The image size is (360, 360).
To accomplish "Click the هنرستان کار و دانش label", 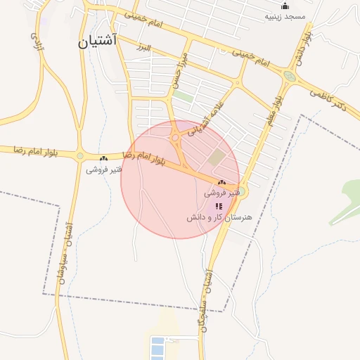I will click(x=219, y=218).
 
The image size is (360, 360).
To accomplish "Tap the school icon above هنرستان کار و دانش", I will click(x=219, y=206).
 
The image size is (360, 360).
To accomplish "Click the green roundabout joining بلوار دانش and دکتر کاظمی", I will click(x=288, y=77).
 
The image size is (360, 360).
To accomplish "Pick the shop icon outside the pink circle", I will click(x=104, y=159).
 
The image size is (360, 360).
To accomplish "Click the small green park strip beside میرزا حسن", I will click(x=184, y=96).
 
